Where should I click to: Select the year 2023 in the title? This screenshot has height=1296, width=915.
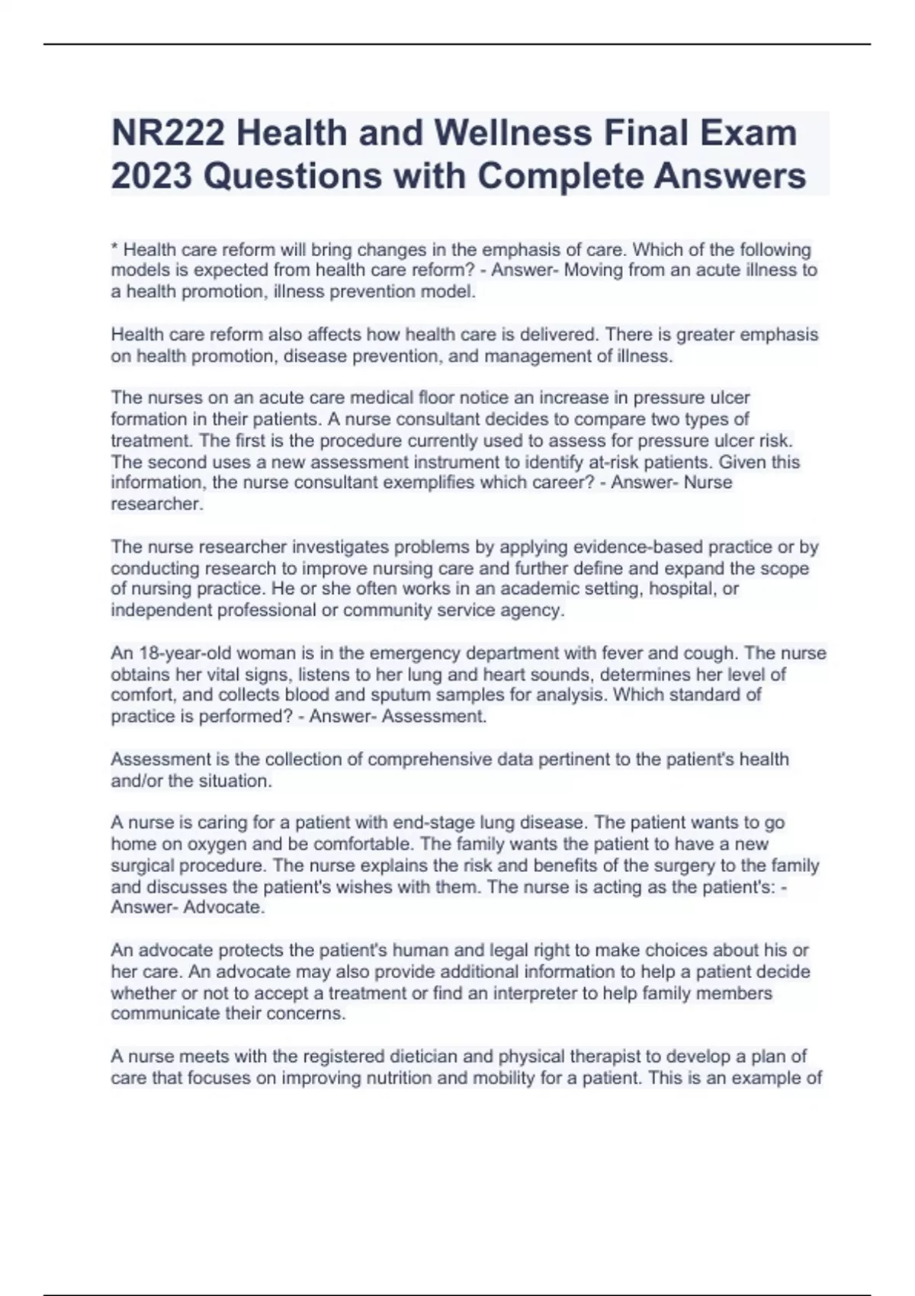click(x=151, y=176)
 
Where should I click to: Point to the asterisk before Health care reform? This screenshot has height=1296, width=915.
click(x=114, y=249)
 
